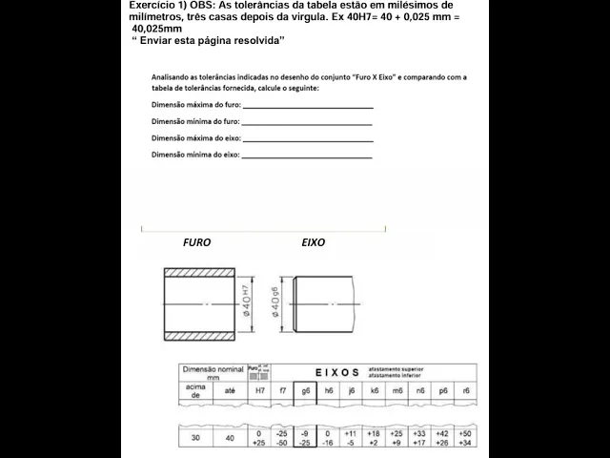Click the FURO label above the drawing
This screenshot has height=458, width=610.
pos(196,242)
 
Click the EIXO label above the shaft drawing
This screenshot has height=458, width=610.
pos(313,242)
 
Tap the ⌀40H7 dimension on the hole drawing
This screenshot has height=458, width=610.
pos(247,303)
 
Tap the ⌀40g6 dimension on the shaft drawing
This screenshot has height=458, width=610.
pos(275,303)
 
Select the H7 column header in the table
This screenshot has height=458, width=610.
pos(258,390)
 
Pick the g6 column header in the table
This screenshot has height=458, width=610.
pos(305,390)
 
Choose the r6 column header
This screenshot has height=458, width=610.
pos(464,390)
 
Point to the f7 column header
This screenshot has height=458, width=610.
pos(282,390)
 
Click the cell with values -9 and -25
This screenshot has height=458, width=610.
pos(305,438)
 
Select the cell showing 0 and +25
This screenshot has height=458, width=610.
pos(258,438)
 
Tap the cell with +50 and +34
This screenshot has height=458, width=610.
pos(464,438)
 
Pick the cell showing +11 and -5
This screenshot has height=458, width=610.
pos(351,438)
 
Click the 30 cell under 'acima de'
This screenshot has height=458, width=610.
pos(194,438)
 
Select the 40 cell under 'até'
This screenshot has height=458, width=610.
pos(229,438)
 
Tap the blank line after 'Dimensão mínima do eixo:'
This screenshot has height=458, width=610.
pos(307,155)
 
